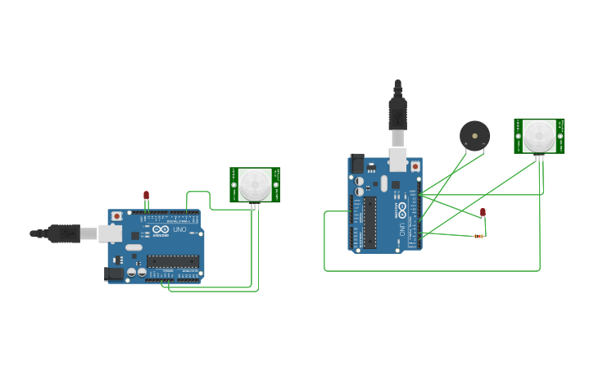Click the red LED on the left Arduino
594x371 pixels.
[x=147, y=195]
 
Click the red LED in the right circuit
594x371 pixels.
[x=483, y=212]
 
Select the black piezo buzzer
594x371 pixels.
[x=474, y=134]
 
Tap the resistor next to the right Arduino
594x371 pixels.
[x=478, y=236]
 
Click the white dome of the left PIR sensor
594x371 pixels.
[x=255, y=184]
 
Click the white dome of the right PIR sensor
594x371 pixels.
[x=539, y=135]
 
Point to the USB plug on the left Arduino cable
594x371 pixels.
[x=63, y=233]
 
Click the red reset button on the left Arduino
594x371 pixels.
[x=117, y=216]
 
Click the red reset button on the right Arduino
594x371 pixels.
[x=415, y=166]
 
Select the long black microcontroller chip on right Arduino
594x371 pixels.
[x=370, y=222]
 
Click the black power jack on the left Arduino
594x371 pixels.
[x=114, y=274]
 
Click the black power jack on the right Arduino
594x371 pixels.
[x=356, y=163]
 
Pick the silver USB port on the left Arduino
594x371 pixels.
[x=111, y=233]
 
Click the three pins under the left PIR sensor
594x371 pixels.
[x=255, y=206]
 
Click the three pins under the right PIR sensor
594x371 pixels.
[x=540, y=156]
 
